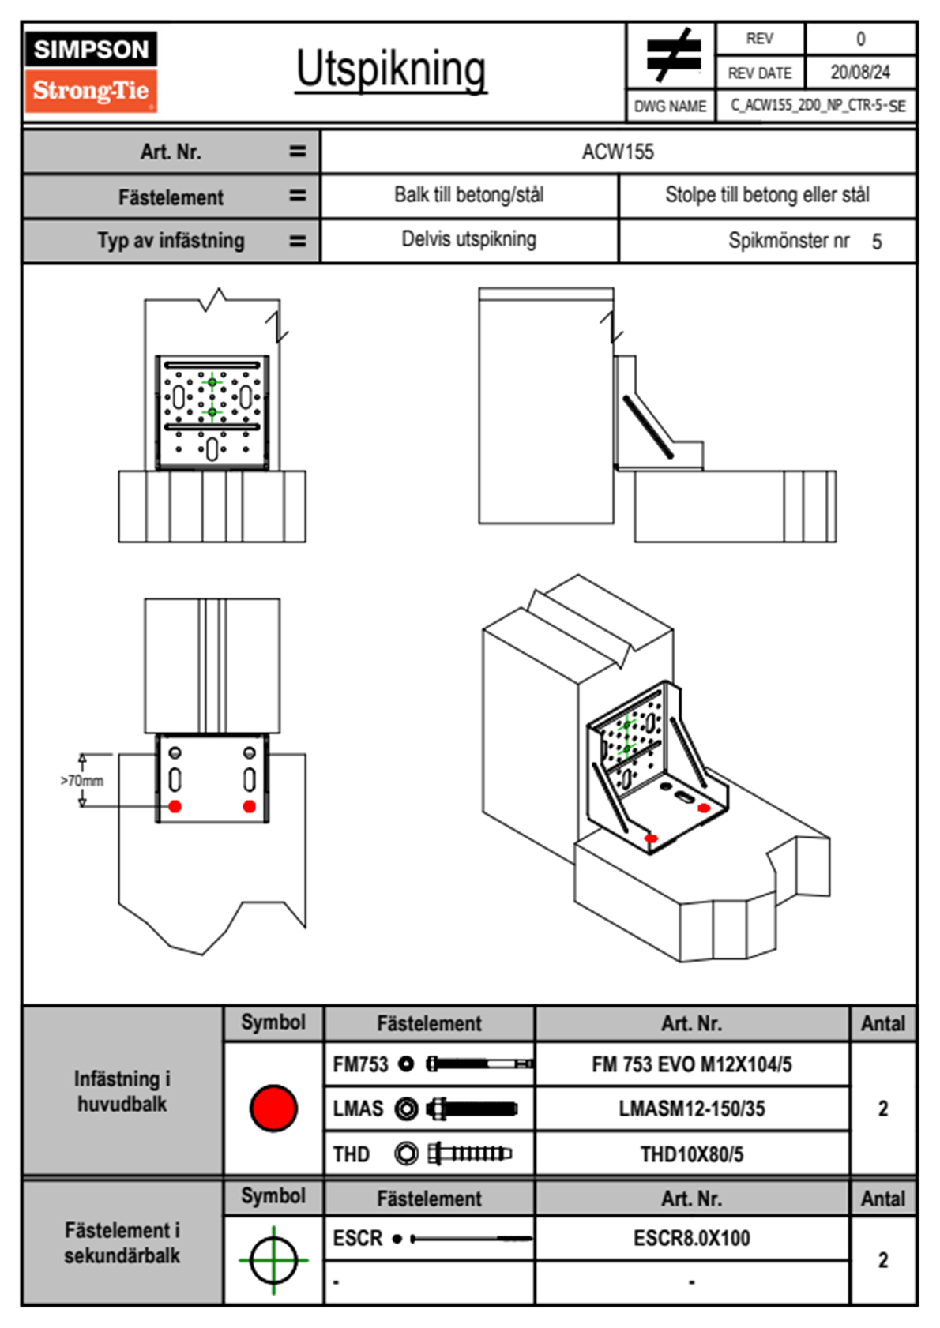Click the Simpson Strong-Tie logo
click(91, 71)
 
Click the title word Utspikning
click(391, 69)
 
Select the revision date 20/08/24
click(859, 73)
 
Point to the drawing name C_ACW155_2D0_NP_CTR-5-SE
click(818, 106)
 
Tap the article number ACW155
click(618, 152)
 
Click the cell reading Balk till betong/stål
click(469, 195)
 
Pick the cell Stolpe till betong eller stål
click(767, 195)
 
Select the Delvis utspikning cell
click(469, 239)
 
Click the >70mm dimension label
click(82, 781)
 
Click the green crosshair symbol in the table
click(273, 1260)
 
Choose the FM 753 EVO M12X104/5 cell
click(691, 1064)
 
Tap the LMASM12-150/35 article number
click(691, 1109)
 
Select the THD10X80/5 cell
click(691, 1154)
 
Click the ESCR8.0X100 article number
click(691, 1238)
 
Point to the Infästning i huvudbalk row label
click(122, 1091)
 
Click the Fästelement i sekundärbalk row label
click(122, 1243)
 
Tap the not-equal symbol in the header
click(672, 55)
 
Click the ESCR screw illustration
click(471, 1239)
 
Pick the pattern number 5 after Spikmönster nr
click(877, 242)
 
